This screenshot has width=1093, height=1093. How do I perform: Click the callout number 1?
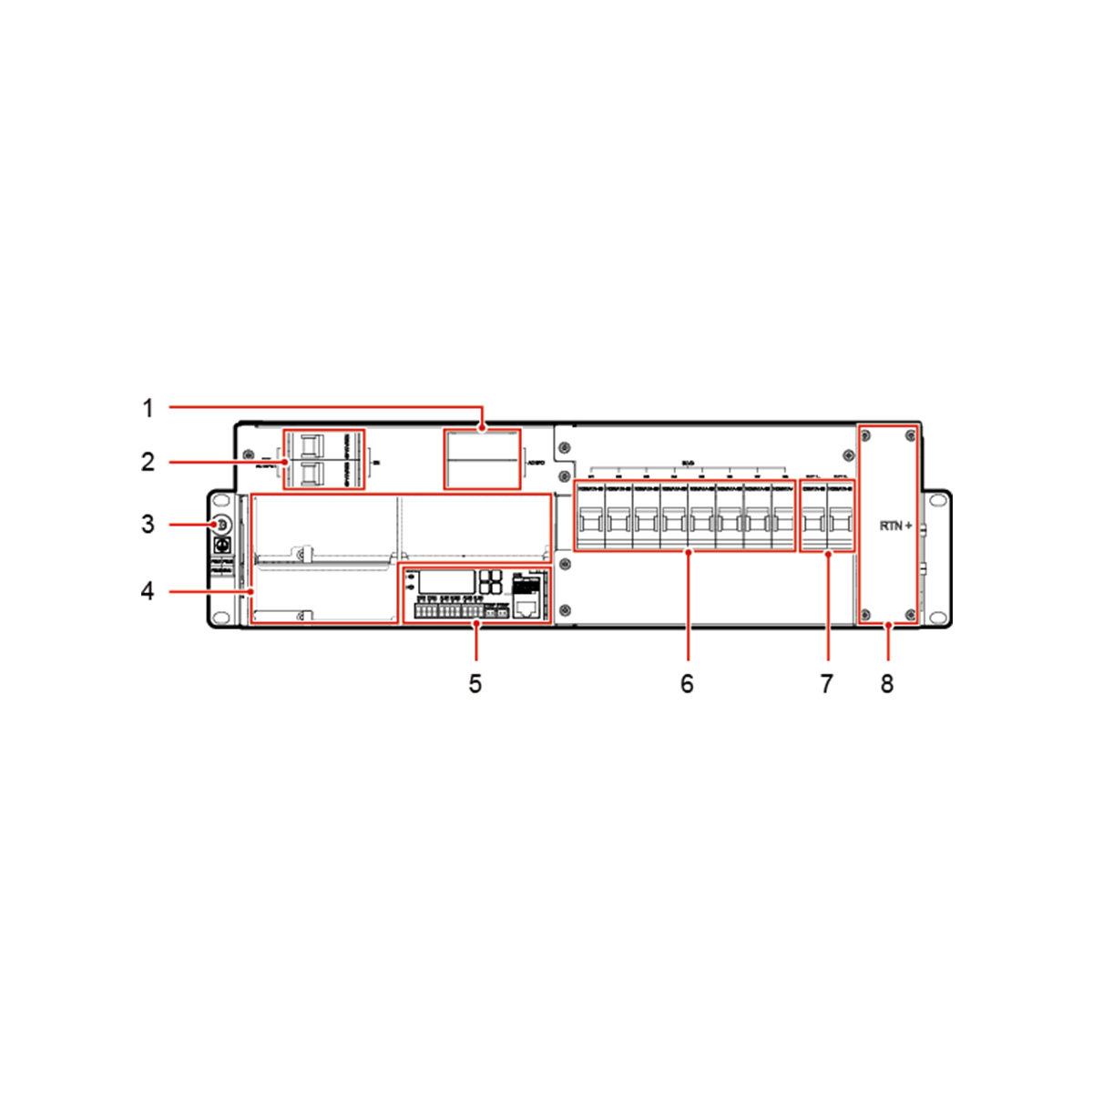(148, 408)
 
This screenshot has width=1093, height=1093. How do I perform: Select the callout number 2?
(148, 462)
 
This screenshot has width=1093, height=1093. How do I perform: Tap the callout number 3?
(148, 525)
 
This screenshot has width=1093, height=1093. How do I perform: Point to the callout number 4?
(148, 591)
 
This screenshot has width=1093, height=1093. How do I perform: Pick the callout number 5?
(475, 683)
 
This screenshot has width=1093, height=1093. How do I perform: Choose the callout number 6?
(687, 683)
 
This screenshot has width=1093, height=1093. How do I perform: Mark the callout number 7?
(826, 683)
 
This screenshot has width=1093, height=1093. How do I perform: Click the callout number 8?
(887, 683)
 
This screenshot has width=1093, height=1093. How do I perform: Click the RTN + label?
(895, 526)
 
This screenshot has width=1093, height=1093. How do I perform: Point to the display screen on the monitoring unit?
(448, 583)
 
